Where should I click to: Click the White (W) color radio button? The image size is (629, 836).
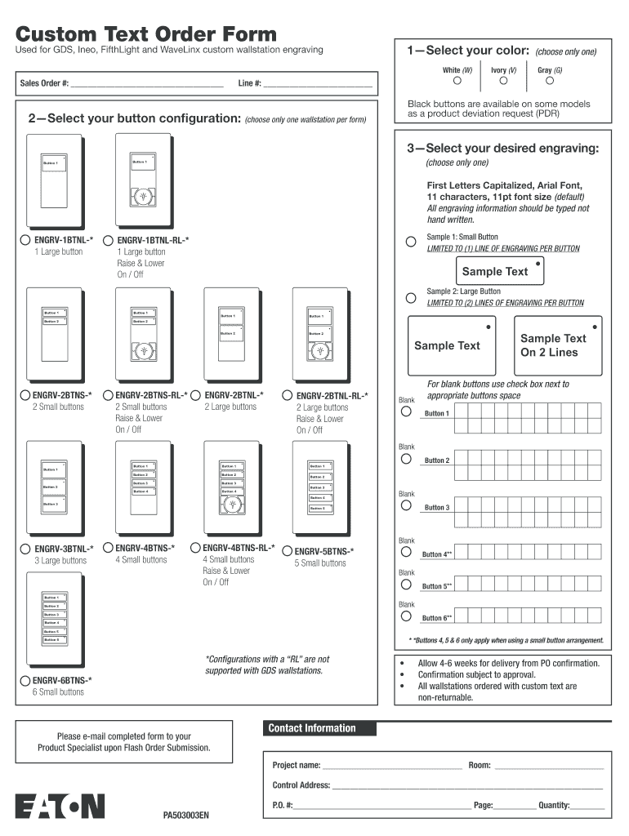click(x=457, y=80)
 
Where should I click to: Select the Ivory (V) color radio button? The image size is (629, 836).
click(x=503, y=80)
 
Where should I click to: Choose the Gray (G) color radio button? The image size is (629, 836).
click(x=550, y=80)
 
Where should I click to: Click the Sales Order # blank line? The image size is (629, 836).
click(x=147, y=84)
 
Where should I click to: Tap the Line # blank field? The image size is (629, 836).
click(x=318, y=84)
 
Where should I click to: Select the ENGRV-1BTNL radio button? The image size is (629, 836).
click(x=25, y=240)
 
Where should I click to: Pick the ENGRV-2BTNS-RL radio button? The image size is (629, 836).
click(x=109, y=395)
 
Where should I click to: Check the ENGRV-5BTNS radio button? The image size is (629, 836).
click(x=287, y=551)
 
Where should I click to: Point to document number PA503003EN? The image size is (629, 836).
click(x=186, y=815)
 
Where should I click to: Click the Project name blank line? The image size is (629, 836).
click(x=392, y=767)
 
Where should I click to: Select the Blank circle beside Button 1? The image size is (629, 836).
click(x=406, y=412)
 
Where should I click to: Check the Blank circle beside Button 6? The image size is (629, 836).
click(x=406, y=616)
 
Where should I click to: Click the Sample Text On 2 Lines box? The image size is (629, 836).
click(x=553, y=345)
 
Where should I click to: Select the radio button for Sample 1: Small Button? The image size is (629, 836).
click(x=411, y=242)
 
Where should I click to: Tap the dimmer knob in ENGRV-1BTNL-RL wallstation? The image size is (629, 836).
click(x=143, y=197)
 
